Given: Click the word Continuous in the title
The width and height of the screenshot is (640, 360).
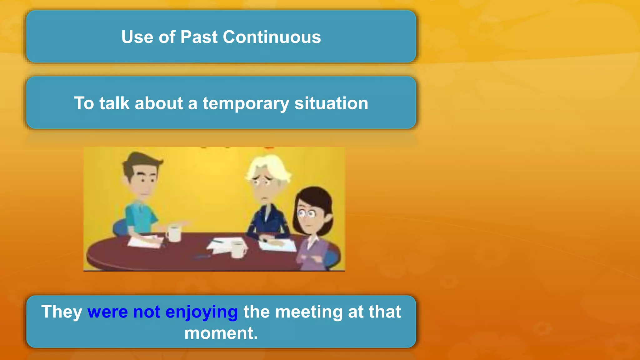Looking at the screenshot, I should [x=272, y=37].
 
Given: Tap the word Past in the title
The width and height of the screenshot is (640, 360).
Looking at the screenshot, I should [x=199, y=37].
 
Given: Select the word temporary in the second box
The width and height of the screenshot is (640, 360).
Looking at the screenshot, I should [x=246, y=103].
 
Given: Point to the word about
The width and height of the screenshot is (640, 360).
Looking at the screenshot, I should [x=159, y=103].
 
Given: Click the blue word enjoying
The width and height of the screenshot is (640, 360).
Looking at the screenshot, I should [x=202, y=312].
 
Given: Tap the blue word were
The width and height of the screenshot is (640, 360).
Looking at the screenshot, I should [x=107, y=312].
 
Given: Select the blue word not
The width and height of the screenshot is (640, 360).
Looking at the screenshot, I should [x=147, y=312].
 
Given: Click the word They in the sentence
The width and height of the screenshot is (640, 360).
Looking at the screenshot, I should [x=62, y=312].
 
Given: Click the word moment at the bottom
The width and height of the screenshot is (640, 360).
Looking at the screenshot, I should [x=219, y=333].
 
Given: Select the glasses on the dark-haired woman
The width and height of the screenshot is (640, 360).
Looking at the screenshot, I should [x=306, y=214].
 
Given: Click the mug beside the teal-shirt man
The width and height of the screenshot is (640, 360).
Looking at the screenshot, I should [x=174, y=233].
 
